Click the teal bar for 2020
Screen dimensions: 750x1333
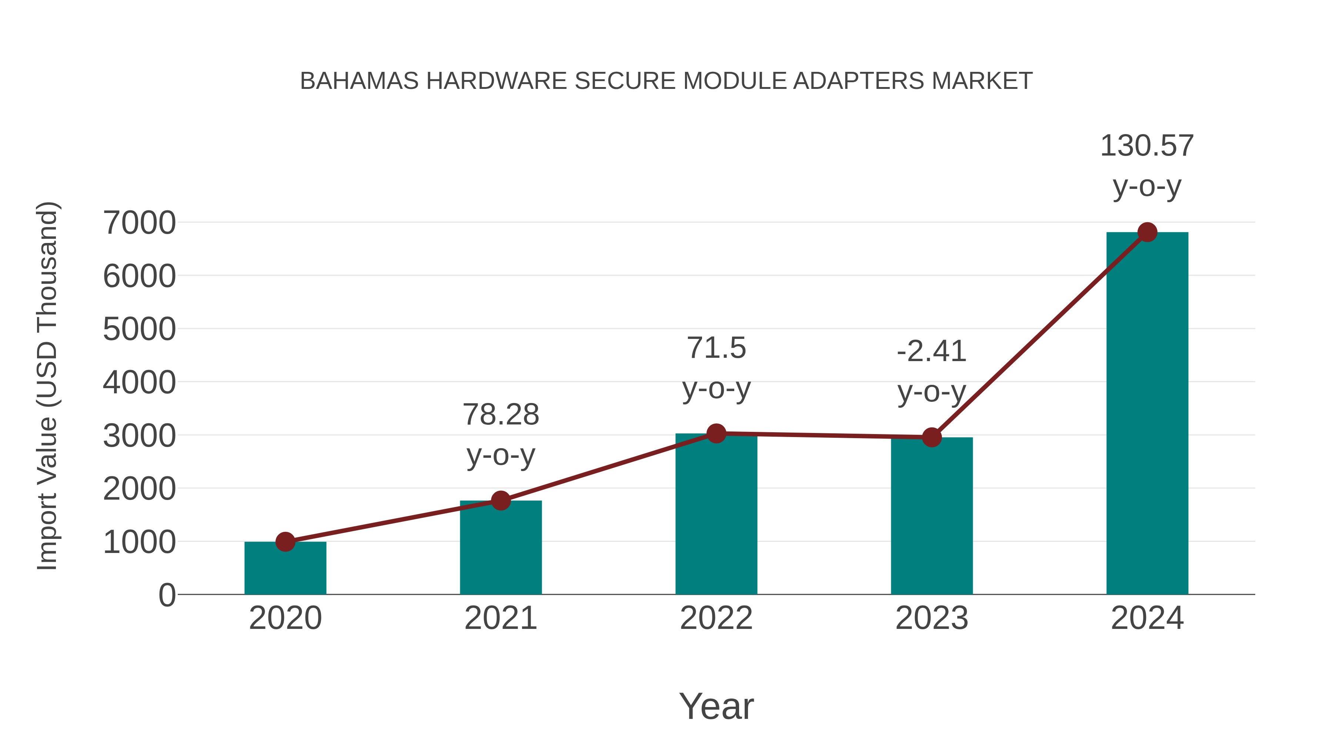[x=285, y=569]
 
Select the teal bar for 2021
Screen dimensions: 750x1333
[x=500, y=549]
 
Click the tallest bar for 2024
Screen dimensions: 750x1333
[x=1147, y=414]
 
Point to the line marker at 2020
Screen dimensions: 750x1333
[x=285, y=542]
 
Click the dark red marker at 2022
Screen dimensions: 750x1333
[x=716, y=433]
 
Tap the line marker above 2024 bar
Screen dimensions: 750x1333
[x=1147, y=232]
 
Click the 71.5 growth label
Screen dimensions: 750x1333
[x=716, y=367]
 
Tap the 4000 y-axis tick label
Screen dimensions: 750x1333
[x=139, y=383]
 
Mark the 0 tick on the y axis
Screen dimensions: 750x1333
[x=167, y=595]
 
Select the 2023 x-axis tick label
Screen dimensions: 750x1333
[x=932, y=618]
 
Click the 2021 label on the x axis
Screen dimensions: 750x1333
[x=500, y=618]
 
